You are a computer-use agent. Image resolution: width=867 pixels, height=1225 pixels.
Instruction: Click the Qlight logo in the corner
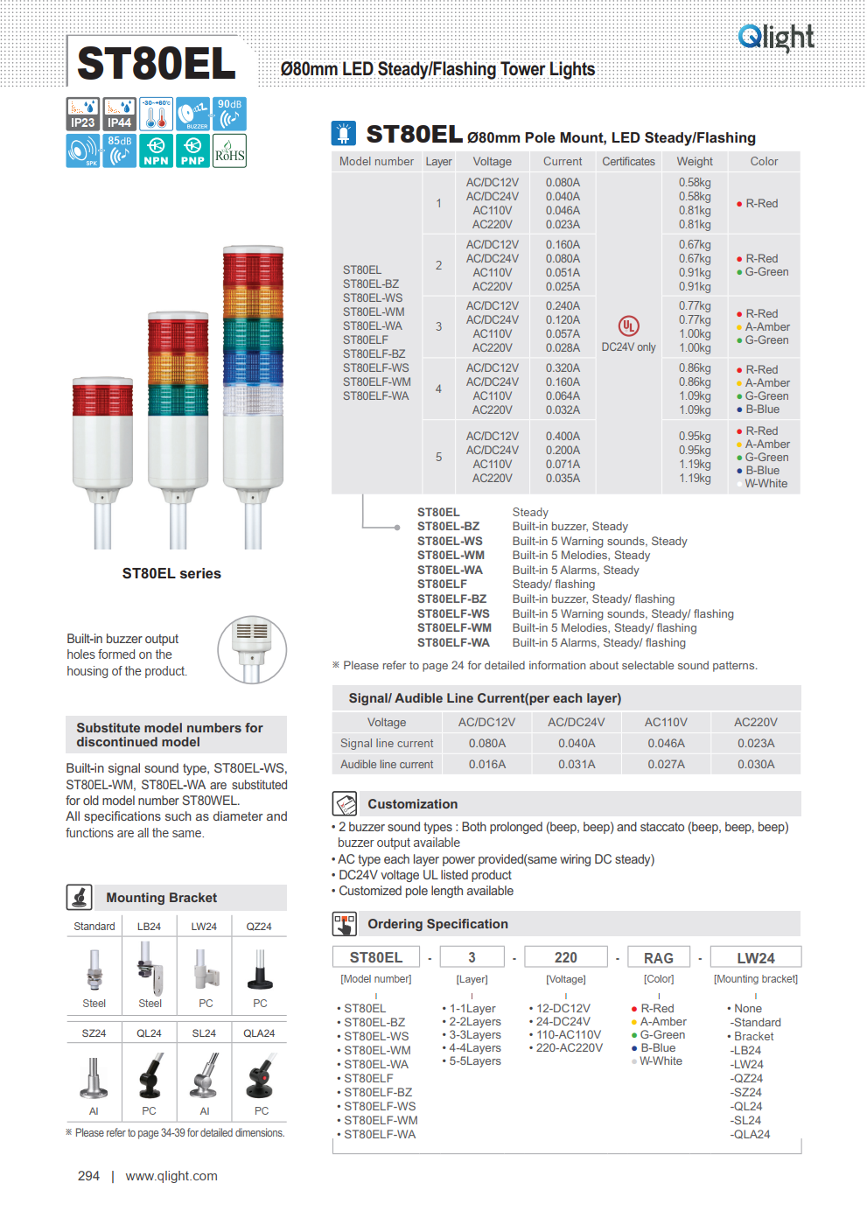tap(776, 37)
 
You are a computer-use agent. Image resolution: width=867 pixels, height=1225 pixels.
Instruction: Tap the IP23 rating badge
tap(83, 114)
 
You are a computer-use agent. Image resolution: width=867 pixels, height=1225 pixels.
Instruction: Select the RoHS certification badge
tap(229, 150)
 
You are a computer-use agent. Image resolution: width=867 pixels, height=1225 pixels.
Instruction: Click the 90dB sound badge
tap(229, 114)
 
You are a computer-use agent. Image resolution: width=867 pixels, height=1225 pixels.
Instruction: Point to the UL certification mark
tap(628, 326)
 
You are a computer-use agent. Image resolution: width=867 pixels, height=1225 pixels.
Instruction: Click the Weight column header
tap(695, 162)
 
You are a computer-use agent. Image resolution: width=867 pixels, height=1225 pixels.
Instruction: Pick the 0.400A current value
tap(563, 437)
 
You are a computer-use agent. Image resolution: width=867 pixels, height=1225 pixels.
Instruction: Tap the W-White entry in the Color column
tap(766, 484)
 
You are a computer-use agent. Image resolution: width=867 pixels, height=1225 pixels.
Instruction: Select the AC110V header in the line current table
tap(666, 723)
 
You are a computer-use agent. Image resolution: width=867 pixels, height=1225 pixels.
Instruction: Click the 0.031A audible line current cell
tap(577, 765)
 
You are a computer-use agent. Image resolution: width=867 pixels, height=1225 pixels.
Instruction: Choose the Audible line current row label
tap(387, 765)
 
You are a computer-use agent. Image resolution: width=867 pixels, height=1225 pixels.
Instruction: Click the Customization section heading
tap(412, 804)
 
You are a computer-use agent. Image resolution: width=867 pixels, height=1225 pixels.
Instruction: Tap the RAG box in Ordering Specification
tap(659, 958)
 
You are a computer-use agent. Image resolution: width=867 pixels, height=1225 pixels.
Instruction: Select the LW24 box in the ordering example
tap(756, 958)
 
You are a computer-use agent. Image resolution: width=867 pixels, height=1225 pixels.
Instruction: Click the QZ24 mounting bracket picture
tap(260, 969)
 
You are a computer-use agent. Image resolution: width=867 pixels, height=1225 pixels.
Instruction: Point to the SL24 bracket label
tap(204, 1033)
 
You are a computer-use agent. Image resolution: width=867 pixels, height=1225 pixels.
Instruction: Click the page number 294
tap(88, 1176)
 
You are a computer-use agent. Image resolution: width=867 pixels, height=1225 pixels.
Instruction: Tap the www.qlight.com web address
tap(171, 1176)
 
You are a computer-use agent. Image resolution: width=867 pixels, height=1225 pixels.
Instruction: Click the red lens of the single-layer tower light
tap(102, 400)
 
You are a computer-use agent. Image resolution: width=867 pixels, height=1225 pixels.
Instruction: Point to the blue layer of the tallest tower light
tap(253, 367)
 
